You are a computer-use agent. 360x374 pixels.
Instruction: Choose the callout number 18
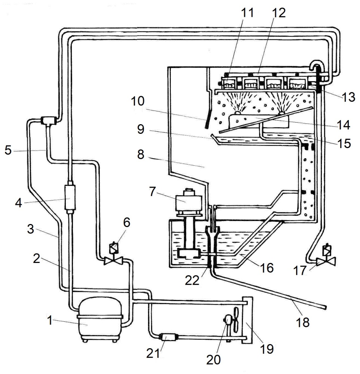(303, 322)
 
